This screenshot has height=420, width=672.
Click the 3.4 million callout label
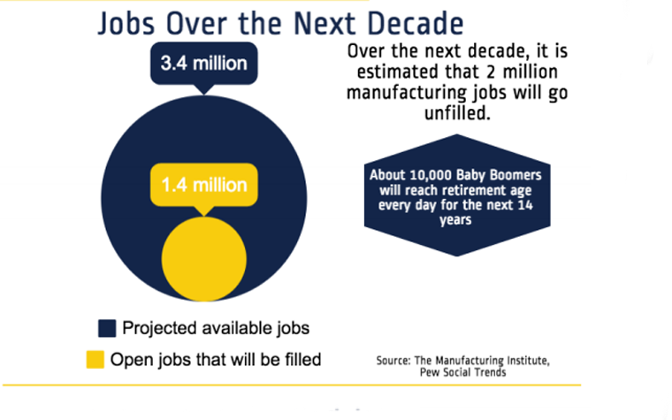tap(203, 64)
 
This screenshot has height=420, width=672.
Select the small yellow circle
tap(203, 258)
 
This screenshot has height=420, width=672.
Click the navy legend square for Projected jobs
tap(107, 328)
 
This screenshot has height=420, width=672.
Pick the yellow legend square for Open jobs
tap(94, 360)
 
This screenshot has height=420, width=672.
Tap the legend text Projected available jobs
tap(217, 328)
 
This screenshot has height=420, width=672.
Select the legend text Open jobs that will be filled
tap(215, 360)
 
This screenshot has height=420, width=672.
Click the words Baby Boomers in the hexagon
tap(495, 174)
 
